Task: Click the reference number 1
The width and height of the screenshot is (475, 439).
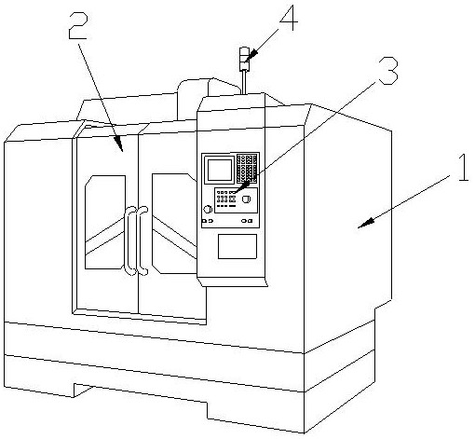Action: (463, 168)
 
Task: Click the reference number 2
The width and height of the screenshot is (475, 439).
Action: (78, 26)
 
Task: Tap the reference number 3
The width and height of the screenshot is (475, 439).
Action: (387, 71)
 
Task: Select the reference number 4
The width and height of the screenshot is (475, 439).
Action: (289, 18)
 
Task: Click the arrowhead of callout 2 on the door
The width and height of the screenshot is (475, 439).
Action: (119, 144)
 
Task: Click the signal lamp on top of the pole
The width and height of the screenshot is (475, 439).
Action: (245, 59)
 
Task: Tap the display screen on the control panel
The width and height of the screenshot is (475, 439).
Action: (220, 170)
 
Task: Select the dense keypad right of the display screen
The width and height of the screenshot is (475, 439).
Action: (247, 169)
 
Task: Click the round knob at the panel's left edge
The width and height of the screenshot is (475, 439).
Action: (208, 209)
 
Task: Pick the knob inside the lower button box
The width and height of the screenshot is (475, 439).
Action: (246, 199)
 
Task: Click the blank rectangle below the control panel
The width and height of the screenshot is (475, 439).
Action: (237, 246)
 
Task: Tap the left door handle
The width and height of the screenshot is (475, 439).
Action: (129, 240)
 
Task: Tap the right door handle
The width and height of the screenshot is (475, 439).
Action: (142, 240)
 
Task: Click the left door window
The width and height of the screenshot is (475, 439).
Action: (105, 222)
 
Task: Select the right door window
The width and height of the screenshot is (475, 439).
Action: (174, 224)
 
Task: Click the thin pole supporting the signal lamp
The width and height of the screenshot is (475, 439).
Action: (244, 82)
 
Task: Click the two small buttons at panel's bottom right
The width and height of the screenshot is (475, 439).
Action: (247, 221)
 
